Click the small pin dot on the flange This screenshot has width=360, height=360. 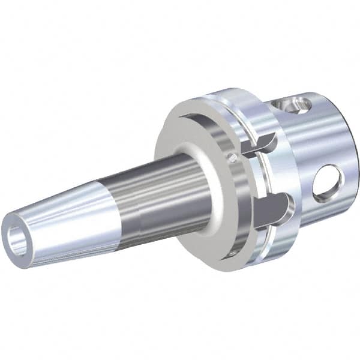point(232,158)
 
